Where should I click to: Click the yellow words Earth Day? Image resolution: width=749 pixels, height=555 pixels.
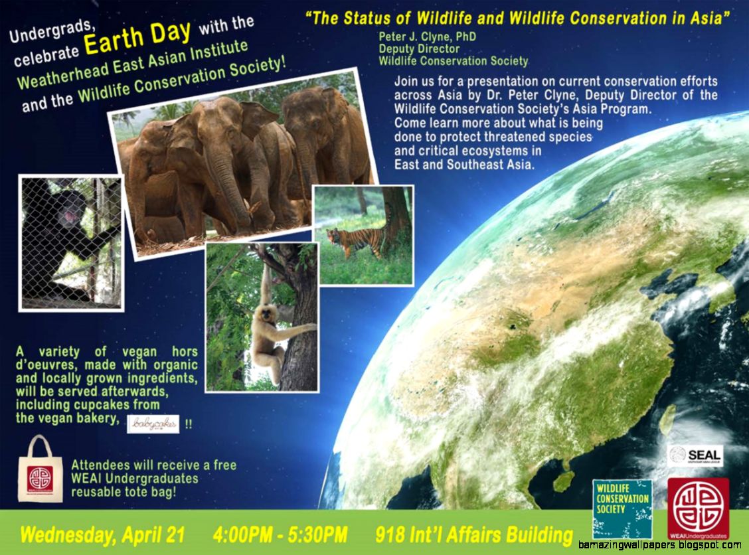138,39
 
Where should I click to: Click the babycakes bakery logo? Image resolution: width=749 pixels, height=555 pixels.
153,424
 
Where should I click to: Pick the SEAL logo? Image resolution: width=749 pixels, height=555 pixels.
696,455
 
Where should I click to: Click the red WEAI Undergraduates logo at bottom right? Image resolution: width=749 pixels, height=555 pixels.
698,509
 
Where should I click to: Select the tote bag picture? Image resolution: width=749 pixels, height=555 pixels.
40,470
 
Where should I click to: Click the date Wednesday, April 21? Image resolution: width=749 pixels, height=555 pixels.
102,534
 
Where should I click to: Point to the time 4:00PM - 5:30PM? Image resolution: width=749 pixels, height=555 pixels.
280,534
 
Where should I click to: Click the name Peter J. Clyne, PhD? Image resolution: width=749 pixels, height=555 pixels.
427,37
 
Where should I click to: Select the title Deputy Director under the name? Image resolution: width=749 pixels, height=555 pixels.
419,48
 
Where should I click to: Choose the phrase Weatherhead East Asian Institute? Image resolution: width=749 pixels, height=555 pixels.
132,64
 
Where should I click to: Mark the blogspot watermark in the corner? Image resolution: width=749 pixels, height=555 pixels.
659,545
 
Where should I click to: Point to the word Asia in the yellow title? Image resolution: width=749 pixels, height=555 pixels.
710,18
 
